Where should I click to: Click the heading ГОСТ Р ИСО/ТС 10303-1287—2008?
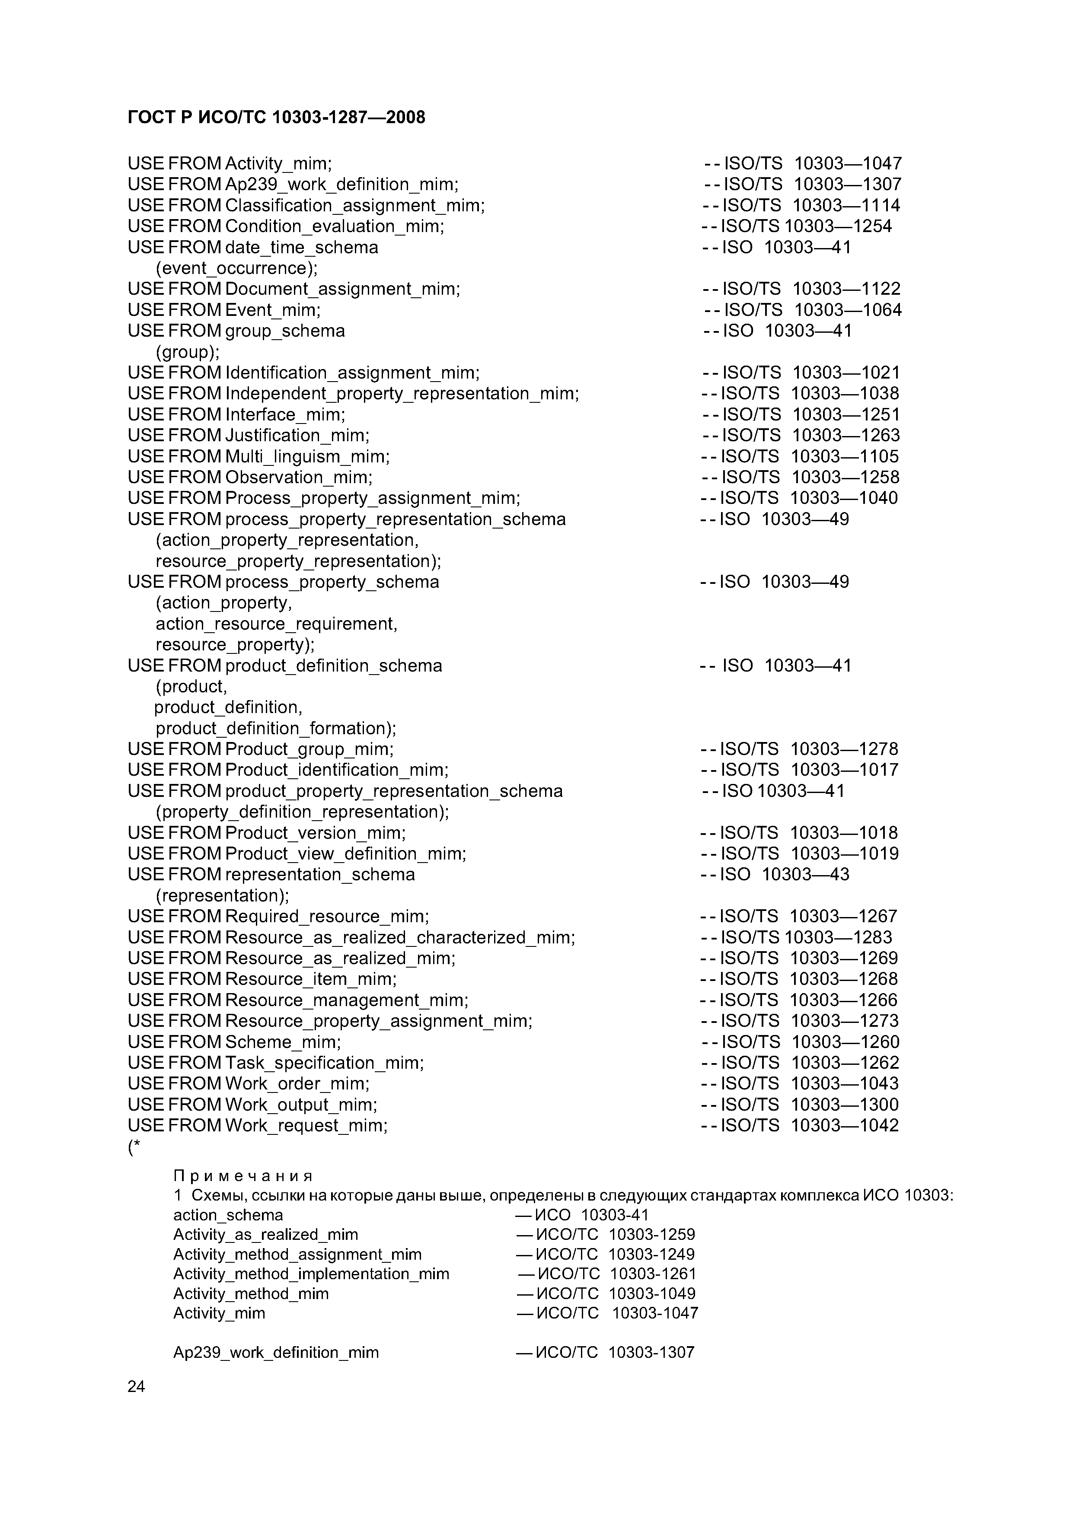(276, 118)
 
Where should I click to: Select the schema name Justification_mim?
(297, 436)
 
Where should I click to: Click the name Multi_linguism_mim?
(307, 457)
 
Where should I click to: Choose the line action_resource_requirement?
(276, 624)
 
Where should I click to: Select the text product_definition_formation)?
(275, 728)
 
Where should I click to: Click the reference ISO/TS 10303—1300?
(810, 1105)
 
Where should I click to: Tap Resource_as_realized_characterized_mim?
(399, 938)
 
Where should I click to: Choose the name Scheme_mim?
(283, 1042)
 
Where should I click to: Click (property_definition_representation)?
(302, 812)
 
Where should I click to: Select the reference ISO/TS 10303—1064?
(812, 310)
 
